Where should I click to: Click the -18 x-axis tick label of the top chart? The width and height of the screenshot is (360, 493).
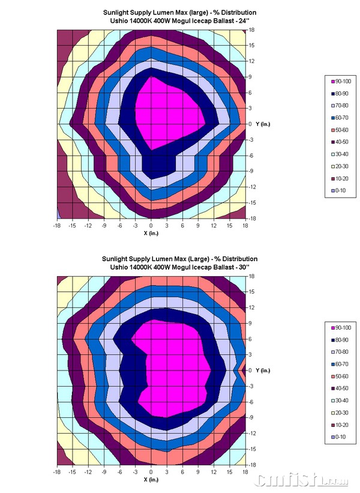point(56,226)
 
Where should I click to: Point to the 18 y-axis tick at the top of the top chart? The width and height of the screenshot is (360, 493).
point(253,29)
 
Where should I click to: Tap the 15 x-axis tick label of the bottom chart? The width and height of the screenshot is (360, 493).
point(229,472)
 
